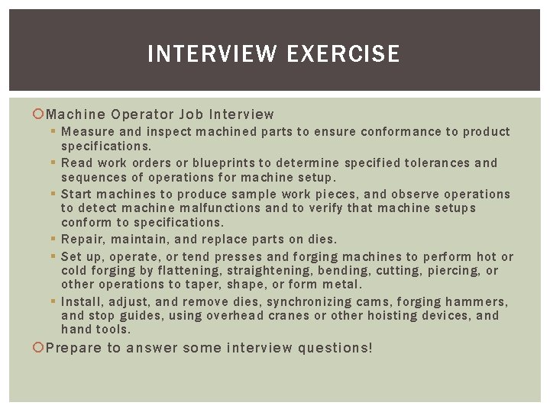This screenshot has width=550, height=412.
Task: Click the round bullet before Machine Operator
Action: click(x=40, y=114)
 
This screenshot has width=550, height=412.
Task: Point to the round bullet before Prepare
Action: click(x=40, y=348)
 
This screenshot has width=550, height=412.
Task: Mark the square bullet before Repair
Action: click(x=55, y=240)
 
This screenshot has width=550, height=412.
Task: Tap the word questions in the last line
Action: click(x=335, y=348)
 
